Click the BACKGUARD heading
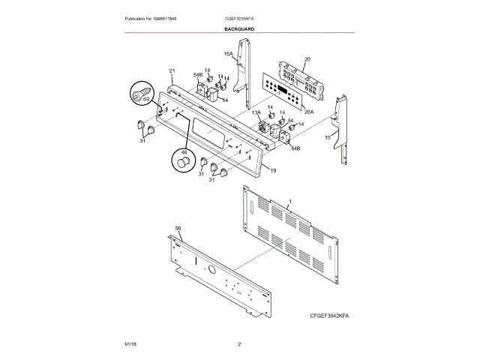(x=239, y=28)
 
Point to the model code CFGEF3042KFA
(x=329, y=316)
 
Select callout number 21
(x=172, y=70)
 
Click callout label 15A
(x=228, y=54)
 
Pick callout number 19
(x=273, y=171)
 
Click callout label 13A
(x=256, y=112)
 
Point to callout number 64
(x=223, y=99)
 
